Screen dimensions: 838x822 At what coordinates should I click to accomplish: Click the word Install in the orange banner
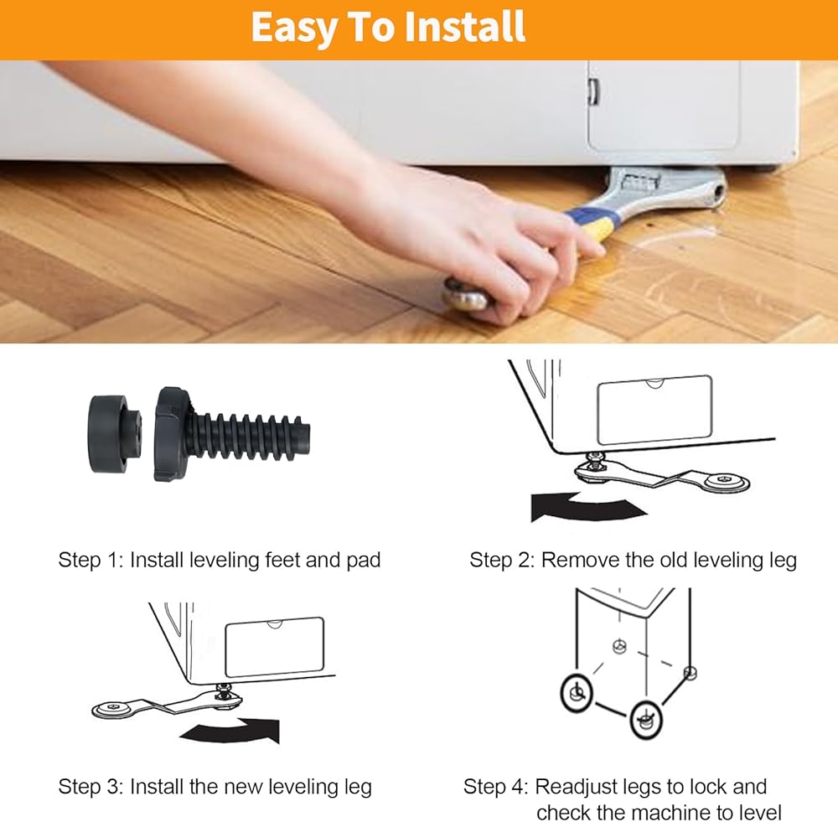(464, 26)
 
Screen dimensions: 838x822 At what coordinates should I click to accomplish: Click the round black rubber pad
(113, 433)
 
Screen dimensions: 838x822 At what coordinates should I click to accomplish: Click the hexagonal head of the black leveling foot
(173, 434)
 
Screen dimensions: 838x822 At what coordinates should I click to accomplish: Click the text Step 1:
(91, 560)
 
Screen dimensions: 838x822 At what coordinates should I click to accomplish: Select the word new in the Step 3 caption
(243, 787)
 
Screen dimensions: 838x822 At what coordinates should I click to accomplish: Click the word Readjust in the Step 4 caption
(571, 787)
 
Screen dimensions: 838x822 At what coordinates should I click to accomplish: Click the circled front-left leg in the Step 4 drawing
(577, 693)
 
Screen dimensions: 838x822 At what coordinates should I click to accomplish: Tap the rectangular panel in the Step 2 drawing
(654, 410)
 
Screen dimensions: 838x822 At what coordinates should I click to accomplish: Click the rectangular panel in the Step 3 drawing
(275, 648)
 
